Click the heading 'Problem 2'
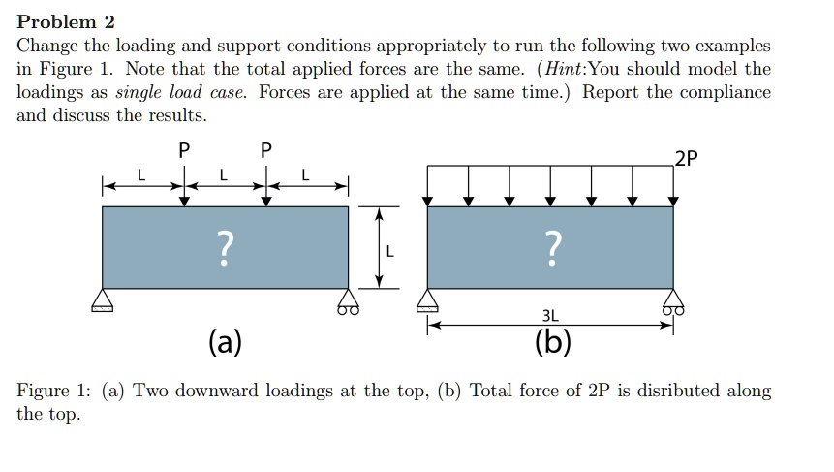66,22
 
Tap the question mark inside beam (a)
226,248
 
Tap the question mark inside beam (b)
553,248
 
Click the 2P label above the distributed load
686,158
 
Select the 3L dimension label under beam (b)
550,316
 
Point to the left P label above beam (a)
184,150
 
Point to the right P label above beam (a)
266,150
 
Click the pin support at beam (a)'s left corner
102,300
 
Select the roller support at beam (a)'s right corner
349,301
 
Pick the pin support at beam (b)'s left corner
427,300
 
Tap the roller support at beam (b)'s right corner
673,301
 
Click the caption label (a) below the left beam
225,341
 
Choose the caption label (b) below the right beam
553,341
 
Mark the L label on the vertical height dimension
389,251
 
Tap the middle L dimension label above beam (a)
224,175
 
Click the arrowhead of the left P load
184,202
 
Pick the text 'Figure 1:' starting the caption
53,392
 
